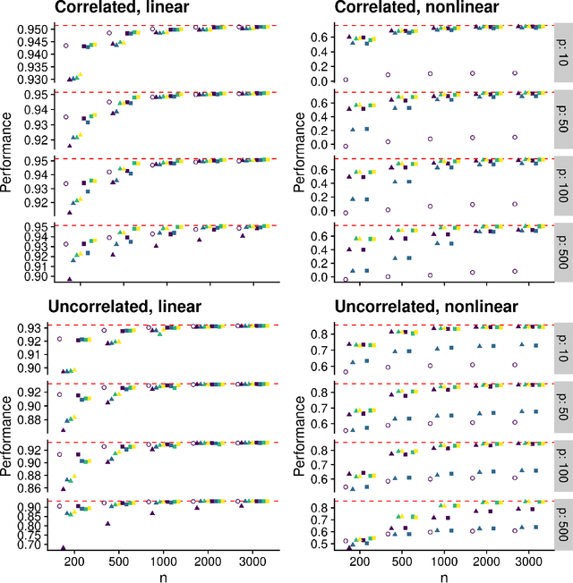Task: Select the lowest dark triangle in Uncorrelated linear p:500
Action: tap(63, 572)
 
